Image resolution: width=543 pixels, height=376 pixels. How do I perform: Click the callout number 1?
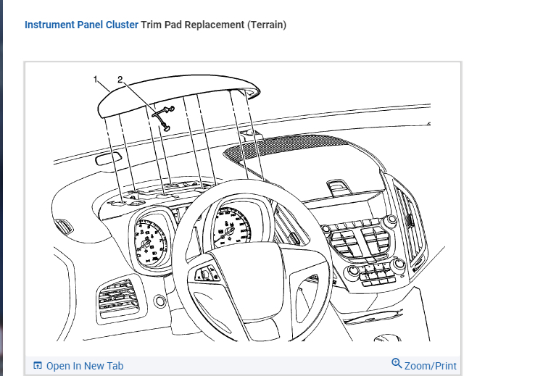pyautogui.click(x=95, y=80)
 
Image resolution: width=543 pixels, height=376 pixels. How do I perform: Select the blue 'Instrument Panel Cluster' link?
pyautogui.click(x=81, y=25)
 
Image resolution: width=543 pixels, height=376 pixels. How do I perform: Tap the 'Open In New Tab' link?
pyautogui.click(x=84, y=366)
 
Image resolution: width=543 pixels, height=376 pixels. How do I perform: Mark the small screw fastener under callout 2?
pyautogui.click(x=165, y=116)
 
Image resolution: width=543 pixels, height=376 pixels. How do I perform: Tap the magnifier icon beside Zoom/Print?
pyautogui.click(x=397, y=364)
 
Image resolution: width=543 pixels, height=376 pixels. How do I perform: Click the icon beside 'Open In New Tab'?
pyautogui.click(x=38, y=366)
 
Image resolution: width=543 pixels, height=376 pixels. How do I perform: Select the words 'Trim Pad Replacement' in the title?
pyautogui.click(x=192, y=25)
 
